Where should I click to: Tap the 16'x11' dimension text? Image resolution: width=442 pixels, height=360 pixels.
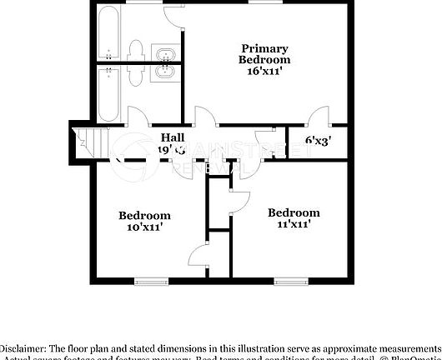[x=264, y=72]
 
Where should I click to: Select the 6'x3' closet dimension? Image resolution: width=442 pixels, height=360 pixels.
[x=318, y=141]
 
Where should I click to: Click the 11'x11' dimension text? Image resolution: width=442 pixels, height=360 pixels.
[x=294, y=223]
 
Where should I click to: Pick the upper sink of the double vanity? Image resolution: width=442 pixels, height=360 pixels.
[x=166, y=56]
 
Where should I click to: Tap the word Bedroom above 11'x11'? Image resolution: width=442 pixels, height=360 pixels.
[x=294, y=212]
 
